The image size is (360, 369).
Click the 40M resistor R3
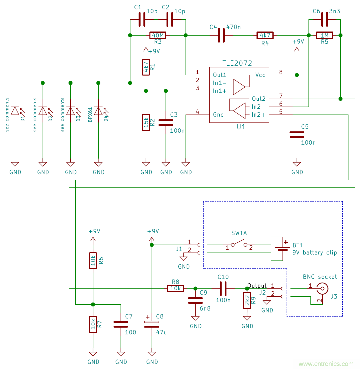pos(158,35)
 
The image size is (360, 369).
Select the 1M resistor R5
pos(324,35)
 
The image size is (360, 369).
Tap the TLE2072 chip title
pos(237,63)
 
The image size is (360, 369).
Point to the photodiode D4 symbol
pos(98,110)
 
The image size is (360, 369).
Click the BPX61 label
pos(90,115)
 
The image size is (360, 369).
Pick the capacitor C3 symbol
pos(166,122)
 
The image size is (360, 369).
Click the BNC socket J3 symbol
pos(322,288)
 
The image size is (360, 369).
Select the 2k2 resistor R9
pos(247,300)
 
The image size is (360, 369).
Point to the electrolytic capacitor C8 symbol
pos(152,323)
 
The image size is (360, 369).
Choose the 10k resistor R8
pos(175,288)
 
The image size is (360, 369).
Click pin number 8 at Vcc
pos(281,72)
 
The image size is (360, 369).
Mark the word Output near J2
pos(257,286)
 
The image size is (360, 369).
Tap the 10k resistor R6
pos(93,261)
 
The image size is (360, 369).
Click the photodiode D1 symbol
pos(15,110)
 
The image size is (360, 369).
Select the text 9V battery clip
pos(315,253)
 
